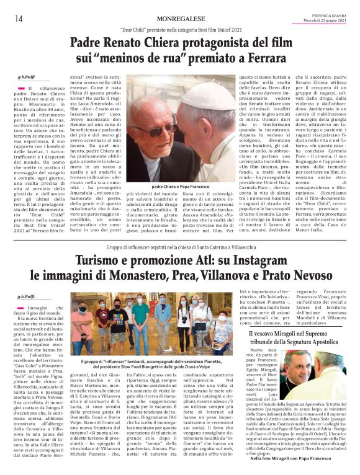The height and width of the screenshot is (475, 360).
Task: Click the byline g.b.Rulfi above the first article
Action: point(27,78)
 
